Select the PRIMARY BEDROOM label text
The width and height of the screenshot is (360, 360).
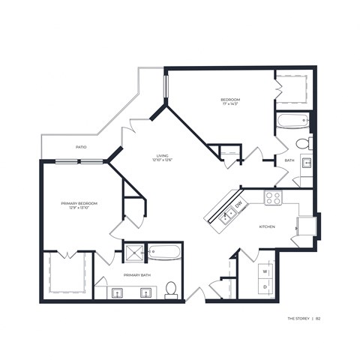click(x=79, y=202)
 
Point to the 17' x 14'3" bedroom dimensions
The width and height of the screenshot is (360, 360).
click(x=229, y=105)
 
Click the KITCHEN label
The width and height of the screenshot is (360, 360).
click(x=266, y=226)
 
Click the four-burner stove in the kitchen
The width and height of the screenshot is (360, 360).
click(x=274, y=198)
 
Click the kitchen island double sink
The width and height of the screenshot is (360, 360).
click(x=224, y=215)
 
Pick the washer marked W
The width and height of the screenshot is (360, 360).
click(x=265, y=270)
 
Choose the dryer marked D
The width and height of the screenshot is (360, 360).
click(x=265, y=286)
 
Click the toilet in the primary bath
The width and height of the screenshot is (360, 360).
click(x=171, y=288)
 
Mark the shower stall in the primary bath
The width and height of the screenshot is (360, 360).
click(x=135, y=252)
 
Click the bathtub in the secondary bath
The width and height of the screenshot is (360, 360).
click(x=292, y=120)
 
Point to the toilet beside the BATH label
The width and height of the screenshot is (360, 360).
click(x=303, y=143)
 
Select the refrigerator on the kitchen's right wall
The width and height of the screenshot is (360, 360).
click(x=306, y=225)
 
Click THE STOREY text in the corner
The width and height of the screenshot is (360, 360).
click(x=299, y=319)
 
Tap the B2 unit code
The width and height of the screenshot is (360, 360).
click(x=318, y=319)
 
